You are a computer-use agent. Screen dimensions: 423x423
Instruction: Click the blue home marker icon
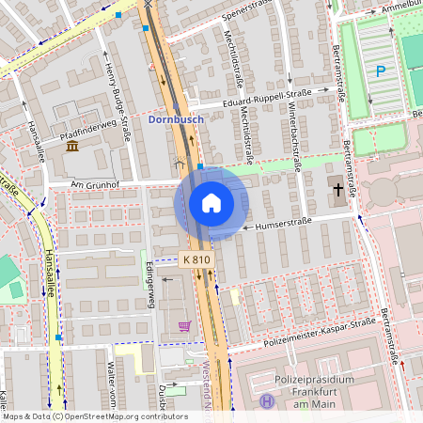(x=211, y=203)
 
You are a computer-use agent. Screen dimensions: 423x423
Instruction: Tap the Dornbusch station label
(x=175, y=120)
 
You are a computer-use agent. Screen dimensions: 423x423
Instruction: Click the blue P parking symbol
(x=381, y=70)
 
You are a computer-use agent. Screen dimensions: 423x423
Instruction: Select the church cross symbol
(x=337, y=190)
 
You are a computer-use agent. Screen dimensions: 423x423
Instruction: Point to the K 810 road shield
(x=197, y=258)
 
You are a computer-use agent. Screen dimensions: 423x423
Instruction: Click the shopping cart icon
(x=184, y=326)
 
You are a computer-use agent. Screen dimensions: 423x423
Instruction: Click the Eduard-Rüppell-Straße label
(x=267, y=102)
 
